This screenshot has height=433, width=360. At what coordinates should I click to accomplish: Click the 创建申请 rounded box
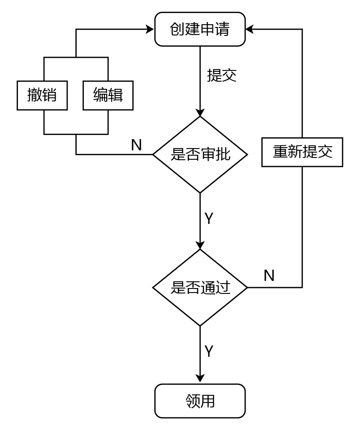200,29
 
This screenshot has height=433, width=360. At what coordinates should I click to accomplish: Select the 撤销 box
42,96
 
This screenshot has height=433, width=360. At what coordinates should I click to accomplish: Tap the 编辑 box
108,96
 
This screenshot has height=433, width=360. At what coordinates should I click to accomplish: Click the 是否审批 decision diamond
200,155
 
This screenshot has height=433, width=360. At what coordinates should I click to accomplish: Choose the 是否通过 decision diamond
200,288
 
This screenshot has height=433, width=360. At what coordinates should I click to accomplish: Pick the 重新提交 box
302,152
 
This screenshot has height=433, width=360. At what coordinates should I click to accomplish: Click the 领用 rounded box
200,401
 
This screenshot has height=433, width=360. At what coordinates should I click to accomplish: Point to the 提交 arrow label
221,75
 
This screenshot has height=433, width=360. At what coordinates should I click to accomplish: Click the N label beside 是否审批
136,145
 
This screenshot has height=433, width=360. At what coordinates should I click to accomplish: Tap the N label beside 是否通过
269,276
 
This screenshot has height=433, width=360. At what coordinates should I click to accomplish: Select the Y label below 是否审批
209,219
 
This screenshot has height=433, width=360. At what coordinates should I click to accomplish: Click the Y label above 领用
209,351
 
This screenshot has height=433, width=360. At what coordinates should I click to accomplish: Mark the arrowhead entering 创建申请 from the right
249,30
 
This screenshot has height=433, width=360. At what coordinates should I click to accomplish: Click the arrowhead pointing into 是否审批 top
200,113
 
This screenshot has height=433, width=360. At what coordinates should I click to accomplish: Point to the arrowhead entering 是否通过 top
200,245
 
